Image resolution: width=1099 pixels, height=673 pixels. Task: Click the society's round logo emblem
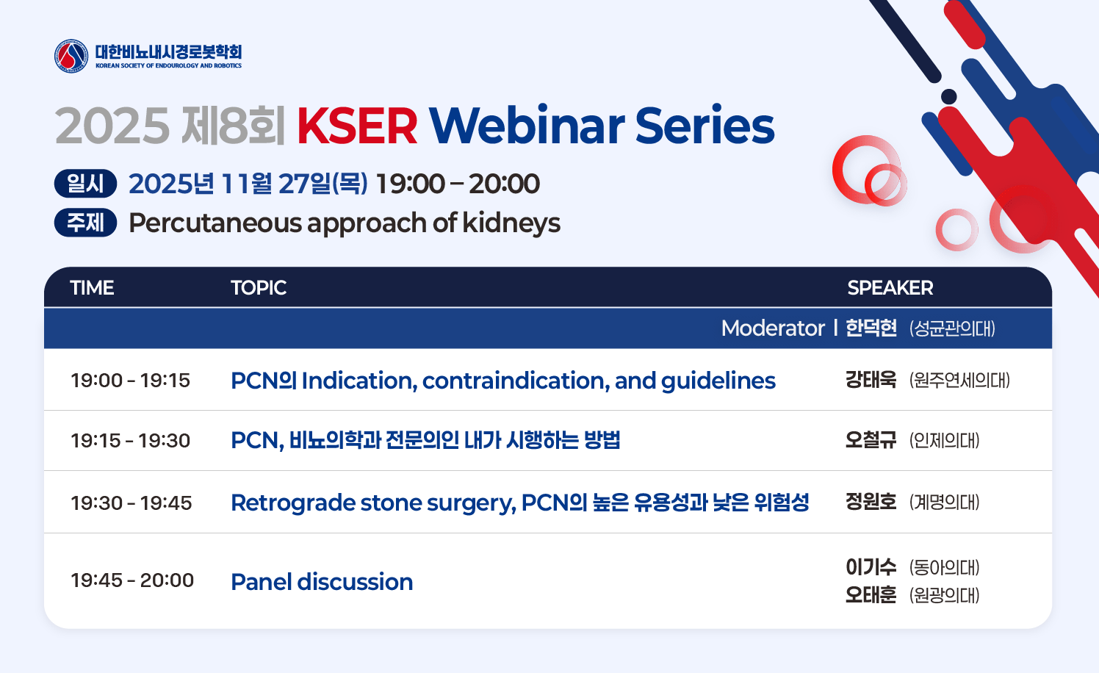71,56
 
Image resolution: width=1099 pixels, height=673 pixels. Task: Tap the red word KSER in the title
357,126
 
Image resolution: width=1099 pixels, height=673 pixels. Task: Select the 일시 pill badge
85,184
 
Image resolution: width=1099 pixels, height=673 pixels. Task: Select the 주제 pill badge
85,223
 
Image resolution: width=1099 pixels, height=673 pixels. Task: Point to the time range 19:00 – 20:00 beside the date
458,184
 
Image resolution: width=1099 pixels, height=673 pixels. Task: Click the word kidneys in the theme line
511,223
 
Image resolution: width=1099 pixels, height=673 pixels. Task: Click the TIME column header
93,288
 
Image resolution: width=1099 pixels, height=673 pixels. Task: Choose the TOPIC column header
259,288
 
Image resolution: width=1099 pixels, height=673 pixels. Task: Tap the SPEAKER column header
890,288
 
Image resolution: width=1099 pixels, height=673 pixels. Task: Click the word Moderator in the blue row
773,328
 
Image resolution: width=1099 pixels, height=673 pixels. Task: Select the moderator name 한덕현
871,328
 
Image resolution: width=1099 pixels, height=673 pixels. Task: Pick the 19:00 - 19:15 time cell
130,380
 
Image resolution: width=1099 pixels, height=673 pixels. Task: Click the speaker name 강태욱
871,380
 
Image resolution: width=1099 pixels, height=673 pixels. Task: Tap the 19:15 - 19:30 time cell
130,441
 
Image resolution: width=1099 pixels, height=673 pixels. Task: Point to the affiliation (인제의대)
944,441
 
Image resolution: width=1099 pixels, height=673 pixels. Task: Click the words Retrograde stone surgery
373,503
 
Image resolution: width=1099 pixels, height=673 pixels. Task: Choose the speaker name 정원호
871,502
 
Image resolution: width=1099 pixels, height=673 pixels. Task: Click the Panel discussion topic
322,582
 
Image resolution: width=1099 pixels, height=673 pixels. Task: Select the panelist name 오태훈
871,595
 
